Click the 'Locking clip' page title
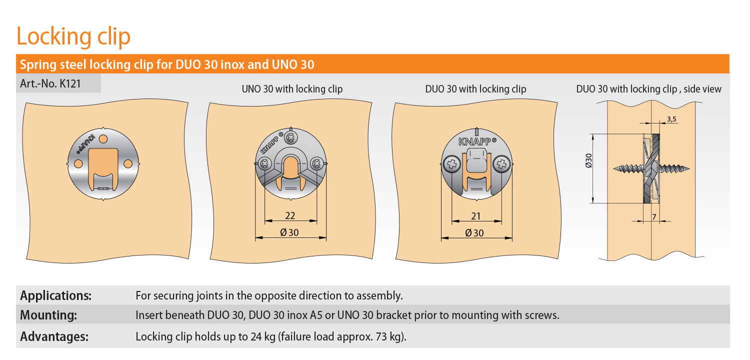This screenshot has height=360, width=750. (73, 36)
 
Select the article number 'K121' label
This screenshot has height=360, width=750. (70, 83)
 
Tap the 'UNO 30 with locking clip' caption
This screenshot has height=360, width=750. (292, 89)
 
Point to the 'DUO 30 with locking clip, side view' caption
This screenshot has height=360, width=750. (648, 89)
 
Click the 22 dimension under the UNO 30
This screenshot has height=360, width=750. (290, 215)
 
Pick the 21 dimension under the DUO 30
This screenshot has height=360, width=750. (476, 216)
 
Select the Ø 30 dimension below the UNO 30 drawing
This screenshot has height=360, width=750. (289, 232)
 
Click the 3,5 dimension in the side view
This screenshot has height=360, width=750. (671, 119)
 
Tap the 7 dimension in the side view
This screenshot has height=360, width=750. (654, 217)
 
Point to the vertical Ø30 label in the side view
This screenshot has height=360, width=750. (588, 160)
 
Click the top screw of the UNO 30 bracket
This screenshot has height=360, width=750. (290, 137)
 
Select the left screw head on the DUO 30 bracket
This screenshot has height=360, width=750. (451, 164)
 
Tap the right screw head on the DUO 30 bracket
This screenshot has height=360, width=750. (501, 164)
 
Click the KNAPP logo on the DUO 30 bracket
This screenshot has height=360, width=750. (477, 141)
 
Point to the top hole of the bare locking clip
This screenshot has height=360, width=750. (103, 138)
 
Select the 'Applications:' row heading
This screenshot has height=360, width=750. (55, 295)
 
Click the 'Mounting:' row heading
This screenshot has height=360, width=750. (48, 315)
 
